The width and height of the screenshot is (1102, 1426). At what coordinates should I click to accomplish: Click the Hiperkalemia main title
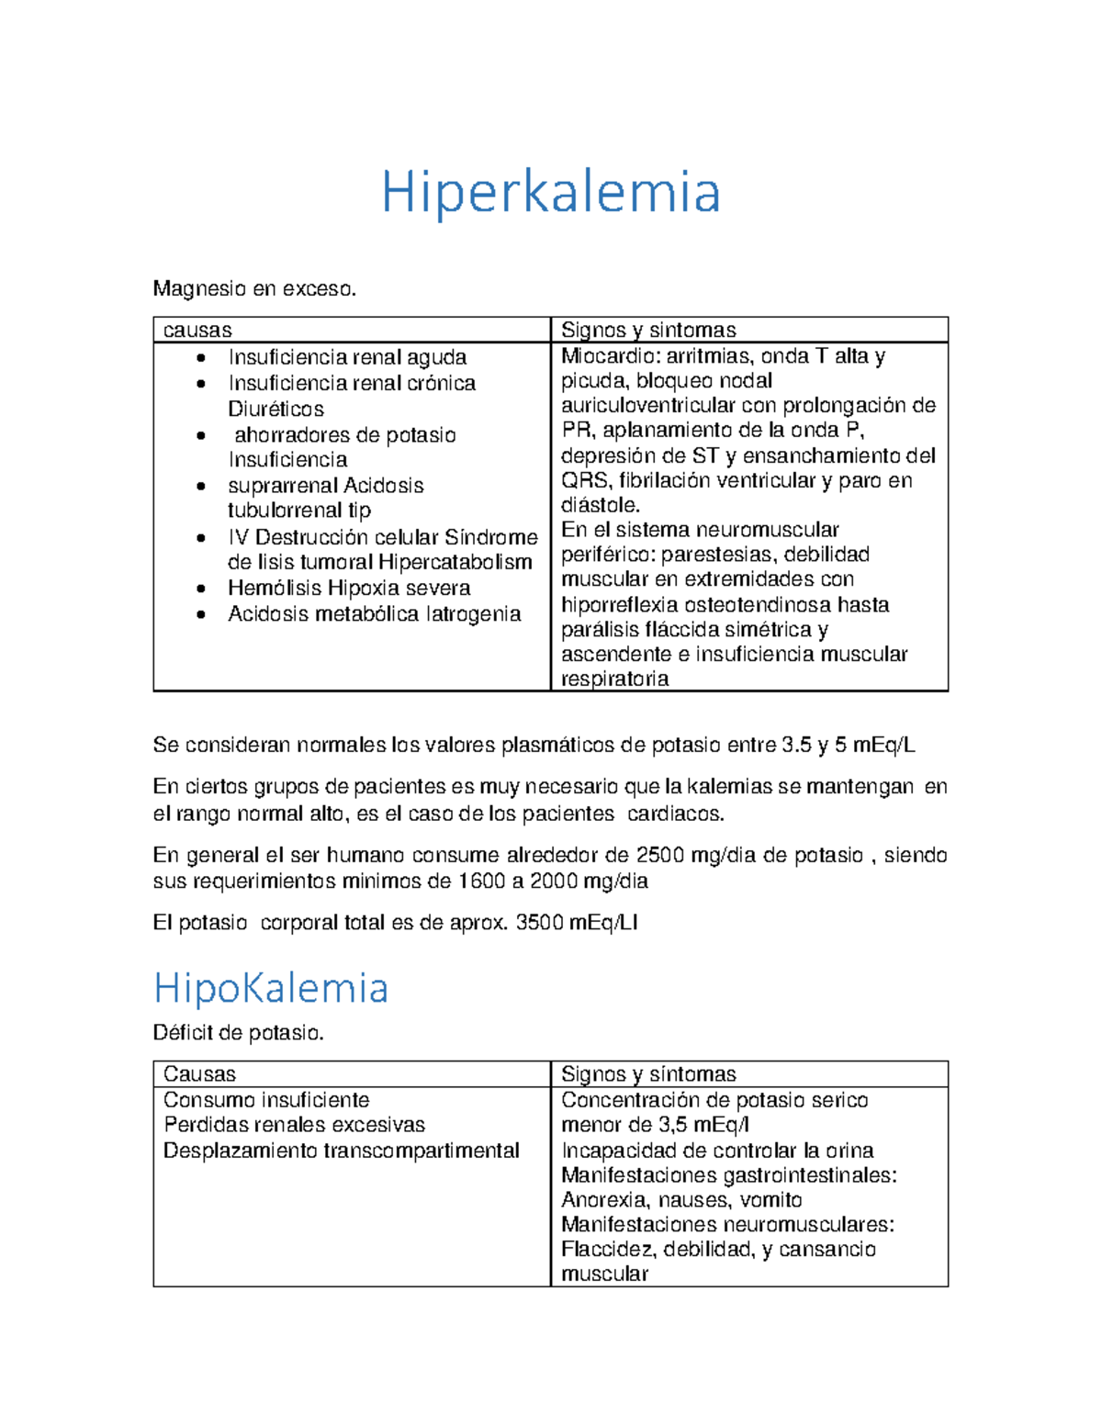pyautogui.click(x=551, y=192)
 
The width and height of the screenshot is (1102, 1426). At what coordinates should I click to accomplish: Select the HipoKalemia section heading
pyautogui.click(x=271, y=988)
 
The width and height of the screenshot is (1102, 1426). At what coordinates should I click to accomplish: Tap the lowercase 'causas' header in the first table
pyautogui.click(x=197, y=331)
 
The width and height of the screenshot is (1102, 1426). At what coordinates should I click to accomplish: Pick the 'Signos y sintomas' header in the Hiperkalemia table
pyautogui.click(x=648, y=331)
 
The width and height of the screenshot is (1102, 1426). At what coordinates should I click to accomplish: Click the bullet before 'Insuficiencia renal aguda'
pyautogui.click(x=201, y=358)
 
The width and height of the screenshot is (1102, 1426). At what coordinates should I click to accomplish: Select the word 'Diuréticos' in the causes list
pyautogui.click(x=275, y=409)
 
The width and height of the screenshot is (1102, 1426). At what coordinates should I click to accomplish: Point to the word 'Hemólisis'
pyautogui.click(x=275, y=588)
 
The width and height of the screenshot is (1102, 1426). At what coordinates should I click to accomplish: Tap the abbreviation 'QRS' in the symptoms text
pyautogui.click(x=584, y=480)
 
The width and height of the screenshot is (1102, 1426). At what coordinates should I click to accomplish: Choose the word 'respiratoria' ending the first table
pyautogui.click(x=614, y=679)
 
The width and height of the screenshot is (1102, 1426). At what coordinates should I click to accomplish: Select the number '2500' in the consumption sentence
pyautogui.click(x=659, y=856)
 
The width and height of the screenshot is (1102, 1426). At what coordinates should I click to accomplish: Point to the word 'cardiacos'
pyautogui.click(x=674, y=814)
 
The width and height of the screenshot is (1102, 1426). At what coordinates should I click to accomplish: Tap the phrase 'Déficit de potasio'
pyautogui.click(x=238, y=1033)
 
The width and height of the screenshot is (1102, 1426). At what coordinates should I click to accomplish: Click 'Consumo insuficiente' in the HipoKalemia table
pyautogui.click(x=266, y=1100)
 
